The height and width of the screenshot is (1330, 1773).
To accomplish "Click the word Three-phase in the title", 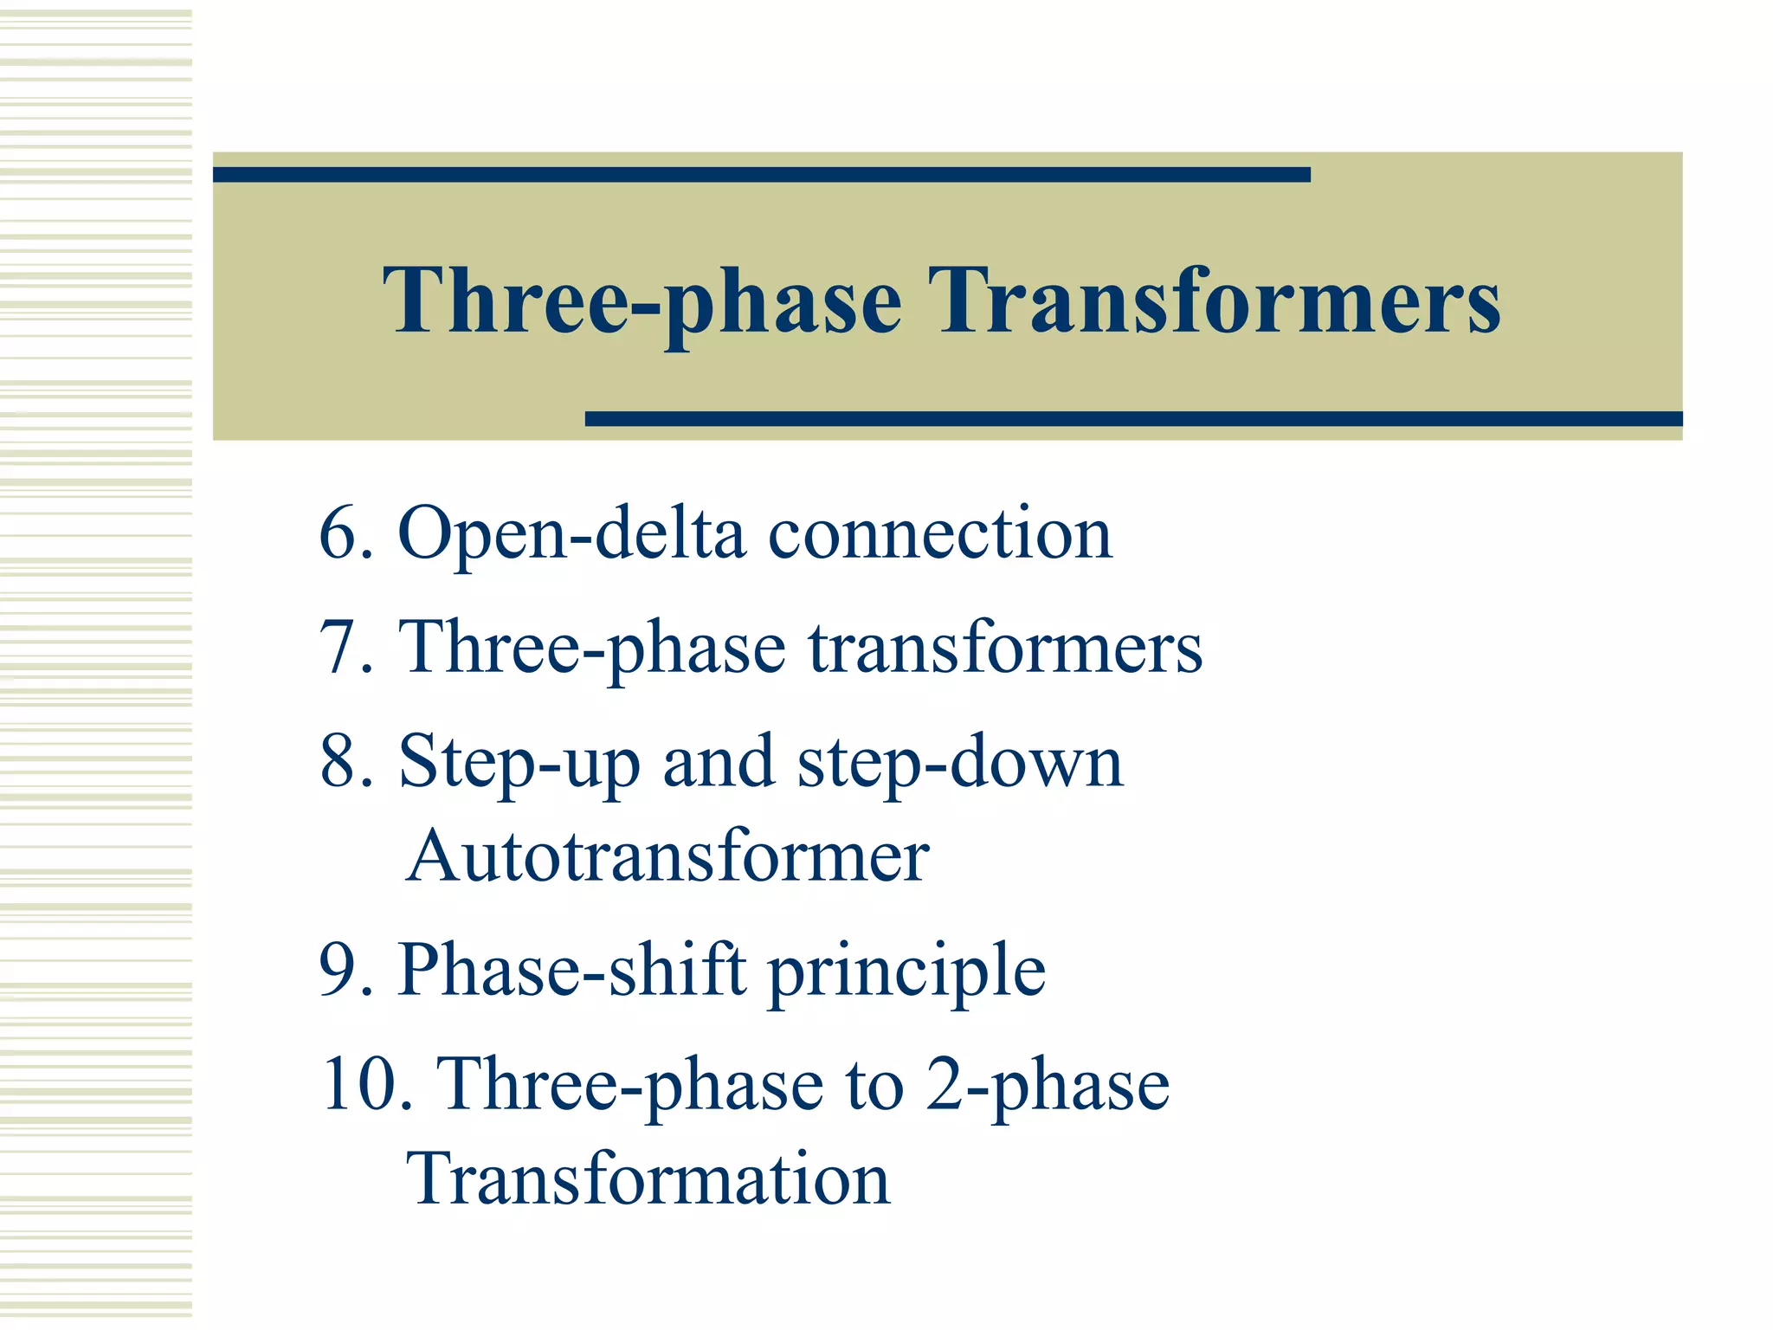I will coord(642,300).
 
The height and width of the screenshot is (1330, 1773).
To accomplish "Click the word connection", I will coord(939,535).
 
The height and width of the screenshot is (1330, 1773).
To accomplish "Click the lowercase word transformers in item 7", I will coord(1005,648).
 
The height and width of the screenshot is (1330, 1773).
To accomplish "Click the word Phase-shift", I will coord(572,970).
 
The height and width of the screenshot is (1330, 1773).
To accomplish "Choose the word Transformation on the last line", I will coord(648,1179).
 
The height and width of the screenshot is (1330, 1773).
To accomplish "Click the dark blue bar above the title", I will coord(761,175).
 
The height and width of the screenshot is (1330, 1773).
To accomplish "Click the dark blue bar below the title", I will coord(1133,419).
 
